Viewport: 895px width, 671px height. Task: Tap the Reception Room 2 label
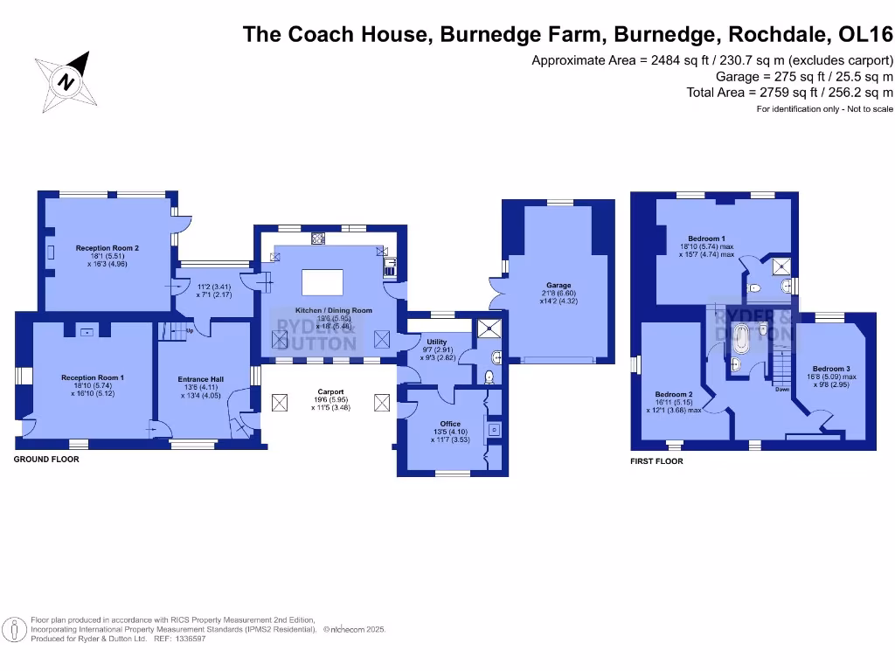click(108, 248)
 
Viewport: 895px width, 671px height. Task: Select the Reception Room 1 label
click(92, 377)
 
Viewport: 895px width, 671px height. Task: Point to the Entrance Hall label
click(201, 379)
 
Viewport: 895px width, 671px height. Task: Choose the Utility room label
click(436, 342)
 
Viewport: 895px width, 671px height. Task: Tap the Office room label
click(450, 424)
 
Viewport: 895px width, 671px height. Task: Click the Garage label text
click(559, 286)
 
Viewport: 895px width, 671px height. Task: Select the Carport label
click(330, 391)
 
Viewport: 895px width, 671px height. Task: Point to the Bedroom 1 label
click(706, 239)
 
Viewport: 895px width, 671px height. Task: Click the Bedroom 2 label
click(674, 394)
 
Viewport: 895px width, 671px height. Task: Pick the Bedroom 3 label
click(831, 369)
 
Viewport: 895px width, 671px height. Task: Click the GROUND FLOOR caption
click(46, 460)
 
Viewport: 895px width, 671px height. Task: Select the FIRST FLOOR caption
click(656, 461)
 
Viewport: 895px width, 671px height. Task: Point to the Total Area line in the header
click(790, 92)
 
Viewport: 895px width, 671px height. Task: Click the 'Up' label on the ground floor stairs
click(188, 330)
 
